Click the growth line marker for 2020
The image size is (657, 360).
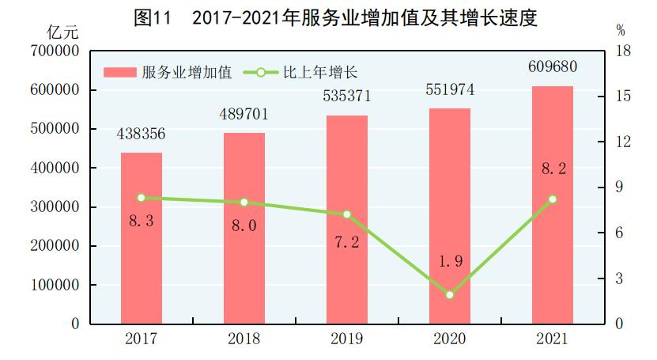449,294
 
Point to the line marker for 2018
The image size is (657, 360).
244,203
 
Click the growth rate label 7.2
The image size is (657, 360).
346,242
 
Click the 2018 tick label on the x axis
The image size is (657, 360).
244,339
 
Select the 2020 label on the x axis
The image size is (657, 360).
449,339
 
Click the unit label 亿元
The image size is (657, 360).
62,32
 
